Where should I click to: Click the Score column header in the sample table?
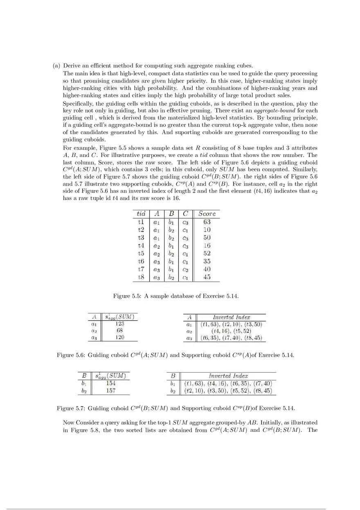pos(207,213)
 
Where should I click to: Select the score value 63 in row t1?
pos(207,222)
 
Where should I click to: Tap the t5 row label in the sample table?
pos(141,254)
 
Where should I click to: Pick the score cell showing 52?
pos(207,254)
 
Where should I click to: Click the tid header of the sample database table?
pos(141,213)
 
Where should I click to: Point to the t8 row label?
pos(141,277)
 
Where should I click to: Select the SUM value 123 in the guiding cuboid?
pos(119,324)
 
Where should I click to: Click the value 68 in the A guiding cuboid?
pos(119,330)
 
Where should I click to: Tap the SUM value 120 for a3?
pos(119,337)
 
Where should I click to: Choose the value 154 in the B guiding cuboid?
pos(110,383)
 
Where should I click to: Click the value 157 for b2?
pos(110,391)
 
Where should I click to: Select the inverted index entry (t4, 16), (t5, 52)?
pos(231,331)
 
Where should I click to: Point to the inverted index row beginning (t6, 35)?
pos(231,338)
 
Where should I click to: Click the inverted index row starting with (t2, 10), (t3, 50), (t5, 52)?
pos(228,391)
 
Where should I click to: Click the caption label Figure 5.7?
pos(70,408)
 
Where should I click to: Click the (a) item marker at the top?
pos(56,66)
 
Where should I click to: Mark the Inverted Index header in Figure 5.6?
pos(231,317)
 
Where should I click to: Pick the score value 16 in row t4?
pos(207,246)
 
